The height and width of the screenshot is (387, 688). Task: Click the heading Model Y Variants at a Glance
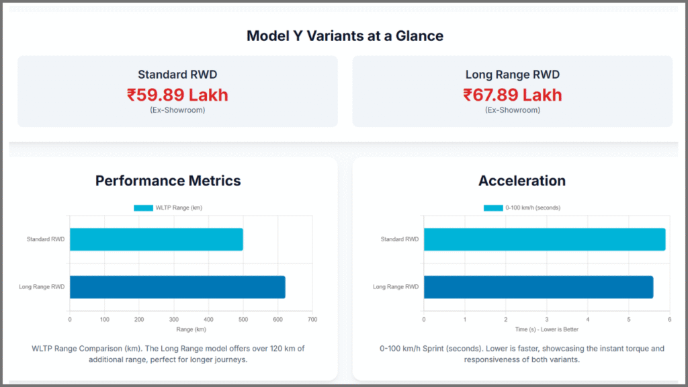point(345,36)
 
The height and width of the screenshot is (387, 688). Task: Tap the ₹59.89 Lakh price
point(177,95)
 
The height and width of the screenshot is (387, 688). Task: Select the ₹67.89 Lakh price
point(512,95)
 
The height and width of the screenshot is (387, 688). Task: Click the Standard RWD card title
point(177,75)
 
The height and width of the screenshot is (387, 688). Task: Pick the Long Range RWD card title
point(512,75)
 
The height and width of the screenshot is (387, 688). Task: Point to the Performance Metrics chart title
point(168,181)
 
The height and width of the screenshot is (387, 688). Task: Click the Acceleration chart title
point(521,181)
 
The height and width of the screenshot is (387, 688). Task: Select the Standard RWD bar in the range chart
point(156,239)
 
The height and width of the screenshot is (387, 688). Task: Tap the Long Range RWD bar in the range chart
point(177,287)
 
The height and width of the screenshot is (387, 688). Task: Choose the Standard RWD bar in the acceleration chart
point(544,239)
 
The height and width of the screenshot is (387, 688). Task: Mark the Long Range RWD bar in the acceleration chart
point(537,287)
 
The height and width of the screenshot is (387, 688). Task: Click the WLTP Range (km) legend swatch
point(143,208)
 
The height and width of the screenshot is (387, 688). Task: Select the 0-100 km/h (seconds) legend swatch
point(493,208)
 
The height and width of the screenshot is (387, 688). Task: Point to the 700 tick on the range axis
point(312,319)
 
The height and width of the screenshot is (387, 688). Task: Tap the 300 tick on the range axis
point(173,319)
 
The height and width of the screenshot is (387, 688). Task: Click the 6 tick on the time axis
point(669,319)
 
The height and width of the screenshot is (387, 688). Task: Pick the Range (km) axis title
point(190,329)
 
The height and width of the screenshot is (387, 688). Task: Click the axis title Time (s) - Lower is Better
point(546,329)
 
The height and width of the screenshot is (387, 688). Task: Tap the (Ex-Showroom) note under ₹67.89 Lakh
point(512,110)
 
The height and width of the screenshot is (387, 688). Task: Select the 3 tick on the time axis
point(546,319)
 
